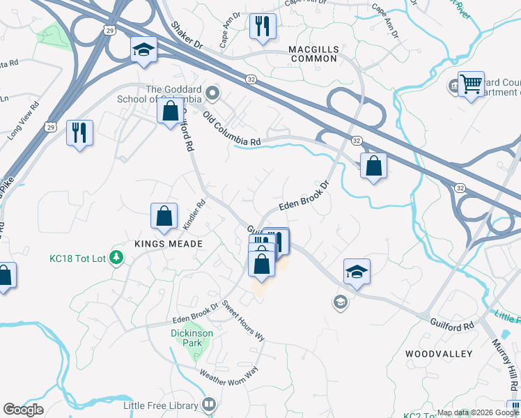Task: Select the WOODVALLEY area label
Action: pos(439,354)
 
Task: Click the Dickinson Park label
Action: pos(192,338)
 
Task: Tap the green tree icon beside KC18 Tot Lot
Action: pos(117,259)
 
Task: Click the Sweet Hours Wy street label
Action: pos(244,320)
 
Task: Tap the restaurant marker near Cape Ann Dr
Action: pos(263,27)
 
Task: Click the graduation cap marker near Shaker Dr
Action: pos(143,50)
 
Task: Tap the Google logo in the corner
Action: pos(23,410)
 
